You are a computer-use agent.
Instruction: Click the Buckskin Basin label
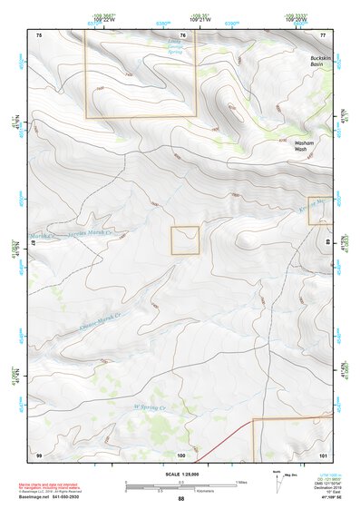[313, 62]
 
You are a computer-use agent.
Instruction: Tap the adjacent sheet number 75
[39, 34]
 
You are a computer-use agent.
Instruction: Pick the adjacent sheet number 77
[323, 34]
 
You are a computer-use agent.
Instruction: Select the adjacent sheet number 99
[39, 454]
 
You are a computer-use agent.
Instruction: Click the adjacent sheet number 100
[181, 454]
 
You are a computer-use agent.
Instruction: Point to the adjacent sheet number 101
[323, 454]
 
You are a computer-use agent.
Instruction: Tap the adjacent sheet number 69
[327, 243]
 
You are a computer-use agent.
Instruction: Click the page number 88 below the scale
[181, 499]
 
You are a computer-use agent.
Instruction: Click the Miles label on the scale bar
[241, 482]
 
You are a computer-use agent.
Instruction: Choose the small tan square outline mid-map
[185, 240]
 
